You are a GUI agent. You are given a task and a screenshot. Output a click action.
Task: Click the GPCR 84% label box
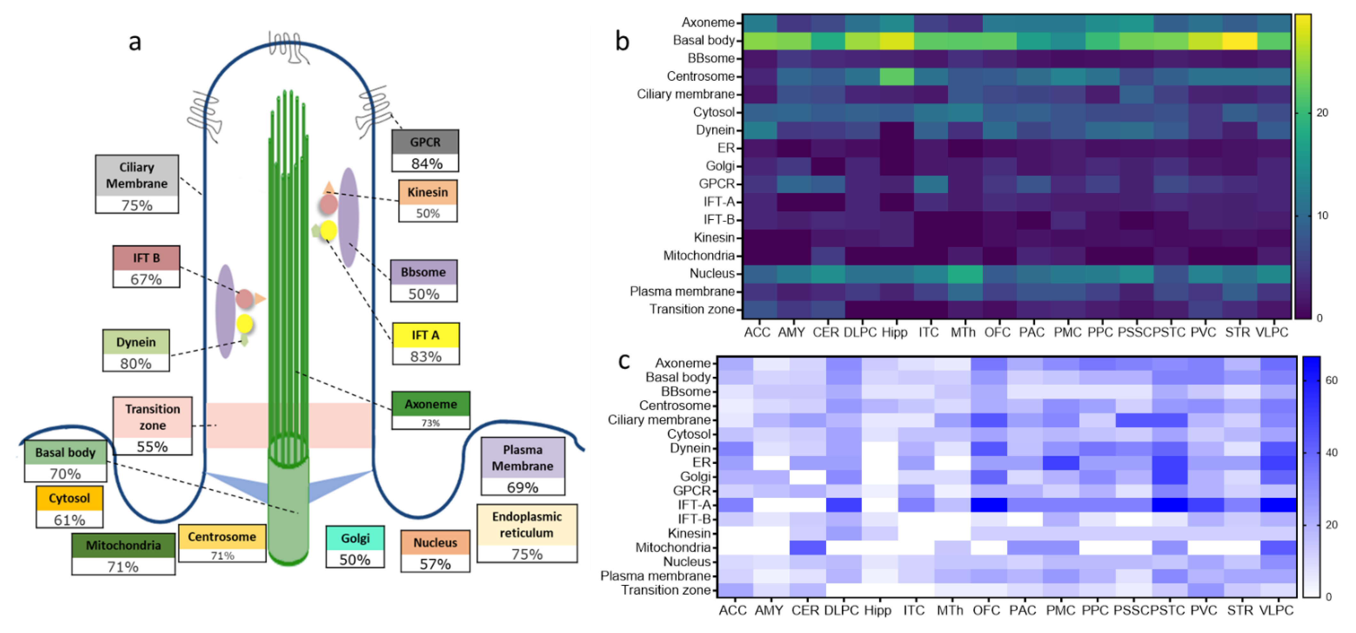point(425,151)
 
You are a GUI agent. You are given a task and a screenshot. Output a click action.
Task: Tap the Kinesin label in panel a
point(427,192)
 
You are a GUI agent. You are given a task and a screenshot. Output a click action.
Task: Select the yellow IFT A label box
point(425,336)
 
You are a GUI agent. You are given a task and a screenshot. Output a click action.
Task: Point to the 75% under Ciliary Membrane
point(137,205)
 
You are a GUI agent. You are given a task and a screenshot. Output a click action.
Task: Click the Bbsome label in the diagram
point(423,272)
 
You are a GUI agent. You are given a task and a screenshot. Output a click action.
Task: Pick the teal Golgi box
point(355,538)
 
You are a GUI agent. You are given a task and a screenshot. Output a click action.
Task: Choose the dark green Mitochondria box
point(123,545)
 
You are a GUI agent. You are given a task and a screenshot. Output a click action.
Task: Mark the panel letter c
point(624,361)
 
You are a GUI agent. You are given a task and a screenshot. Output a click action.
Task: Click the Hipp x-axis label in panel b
point(894,332)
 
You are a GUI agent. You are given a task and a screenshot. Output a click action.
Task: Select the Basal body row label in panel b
point(703,41)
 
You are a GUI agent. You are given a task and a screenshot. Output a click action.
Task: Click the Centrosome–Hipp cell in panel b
point(897,76)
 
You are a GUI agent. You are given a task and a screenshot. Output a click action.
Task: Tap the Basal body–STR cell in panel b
point(1240,41)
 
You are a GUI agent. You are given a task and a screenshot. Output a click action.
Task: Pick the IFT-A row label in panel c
point(694,504)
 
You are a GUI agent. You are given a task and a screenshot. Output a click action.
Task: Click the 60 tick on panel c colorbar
point(1331,380)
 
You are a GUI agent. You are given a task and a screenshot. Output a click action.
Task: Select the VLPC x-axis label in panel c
point(1276,610)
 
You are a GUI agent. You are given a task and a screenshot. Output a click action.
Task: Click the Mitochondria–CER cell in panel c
point(808,547)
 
